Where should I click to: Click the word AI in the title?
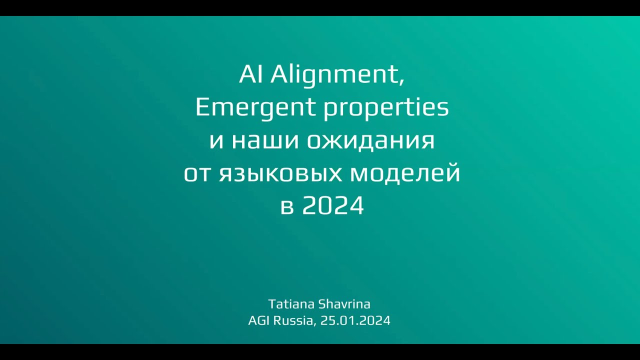pos(252,75)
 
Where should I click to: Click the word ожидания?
pos(370,141)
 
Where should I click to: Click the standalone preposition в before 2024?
pos(286,206)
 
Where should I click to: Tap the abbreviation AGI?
pos(259,320)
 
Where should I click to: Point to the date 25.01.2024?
pos(355,320)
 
